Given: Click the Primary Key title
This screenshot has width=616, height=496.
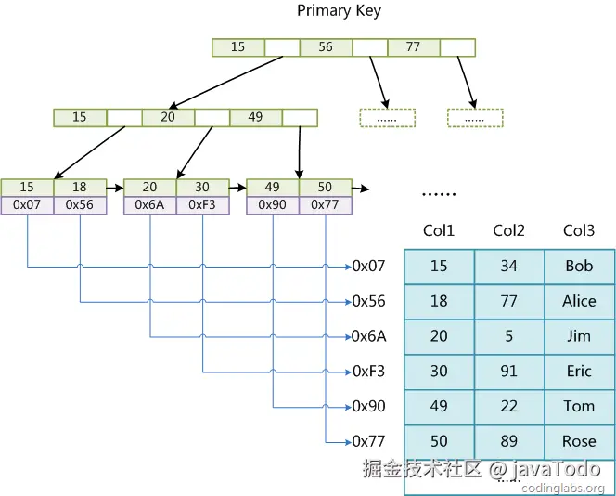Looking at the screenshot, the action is pyautogui.click(x=339, y=11).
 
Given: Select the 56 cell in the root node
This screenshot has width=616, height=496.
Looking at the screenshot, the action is pyautogui.click(x=326, y=47).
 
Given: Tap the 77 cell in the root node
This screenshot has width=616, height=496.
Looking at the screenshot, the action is pyautogui.click(x=413, y=47).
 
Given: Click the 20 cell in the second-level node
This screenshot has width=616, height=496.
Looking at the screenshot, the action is pyautogui.click(x=168, y=118).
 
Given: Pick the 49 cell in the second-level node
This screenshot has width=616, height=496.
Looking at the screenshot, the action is pyautogui.click(x=255, y=118).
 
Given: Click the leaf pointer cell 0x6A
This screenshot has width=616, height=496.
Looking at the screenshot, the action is pyautogui.click(x=149, y=205).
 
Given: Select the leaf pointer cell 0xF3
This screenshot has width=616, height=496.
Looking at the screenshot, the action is pyautogui.click(x=202, y=205).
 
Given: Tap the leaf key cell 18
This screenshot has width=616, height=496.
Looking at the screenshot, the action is pyautogui.click(x=80, y=188).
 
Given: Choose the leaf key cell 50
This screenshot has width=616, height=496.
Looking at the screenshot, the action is pyautogui.click(x=326, y=188).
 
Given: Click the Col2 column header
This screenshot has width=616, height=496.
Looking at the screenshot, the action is pyautogui.click(x=508, y=230).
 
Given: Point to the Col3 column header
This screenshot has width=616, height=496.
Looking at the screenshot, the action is pyautogui.click(x=579, y=230).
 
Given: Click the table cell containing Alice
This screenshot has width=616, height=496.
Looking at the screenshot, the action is pyautogui.click(x=580, y=302).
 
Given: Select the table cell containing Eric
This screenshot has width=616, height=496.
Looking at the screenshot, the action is pyautogui.click(x=580, y=372).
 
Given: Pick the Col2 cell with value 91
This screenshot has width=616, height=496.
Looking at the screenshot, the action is pyautogui.click(x=509, y=372).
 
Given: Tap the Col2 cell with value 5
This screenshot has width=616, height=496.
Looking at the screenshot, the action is pyautogui.click(x=509, y=336).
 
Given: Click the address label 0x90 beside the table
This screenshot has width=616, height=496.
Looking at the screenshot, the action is pyautogui.click(x=368, y=406).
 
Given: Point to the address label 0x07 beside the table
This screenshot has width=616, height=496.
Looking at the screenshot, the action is pyautogui.click(x=368, y=267).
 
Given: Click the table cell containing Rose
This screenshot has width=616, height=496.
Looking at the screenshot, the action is pyautogui.click(x=580, y=442).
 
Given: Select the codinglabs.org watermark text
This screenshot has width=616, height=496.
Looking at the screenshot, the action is pyautogui.click(x=562, y=489).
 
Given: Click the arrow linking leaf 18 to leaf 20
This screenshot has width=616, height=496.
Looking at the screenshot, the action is pyautogui.click(x=115, y=189).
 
